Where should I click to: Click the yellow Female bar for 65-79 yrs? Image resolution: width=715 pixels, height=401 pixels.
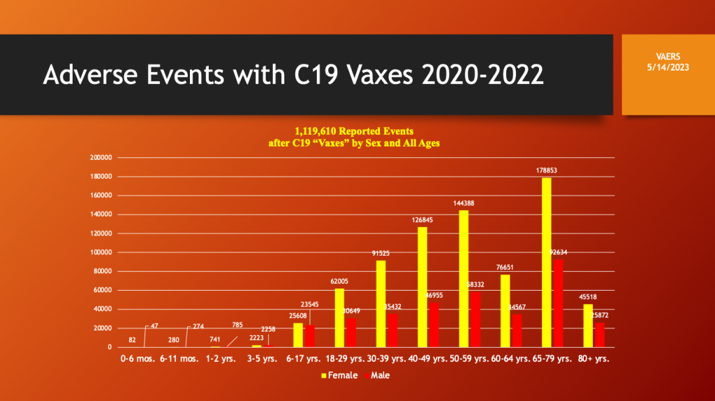tap(546, 262)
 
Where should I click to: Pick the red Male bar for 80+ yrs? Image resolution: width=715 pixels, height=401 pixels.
tap(598, 335)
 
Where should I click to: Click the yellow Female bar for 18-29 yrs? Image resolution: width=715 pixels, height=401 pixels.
tap(339, 318)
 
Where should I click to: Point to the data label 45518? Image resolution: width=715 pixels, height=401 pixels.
tap(588, 296)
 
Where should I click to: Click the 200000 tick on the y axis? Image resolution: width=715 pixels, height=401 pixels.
tap(102, 158)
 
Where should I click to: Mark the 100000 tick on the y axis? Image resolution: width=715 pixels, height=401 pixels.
tap(102, 252)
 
